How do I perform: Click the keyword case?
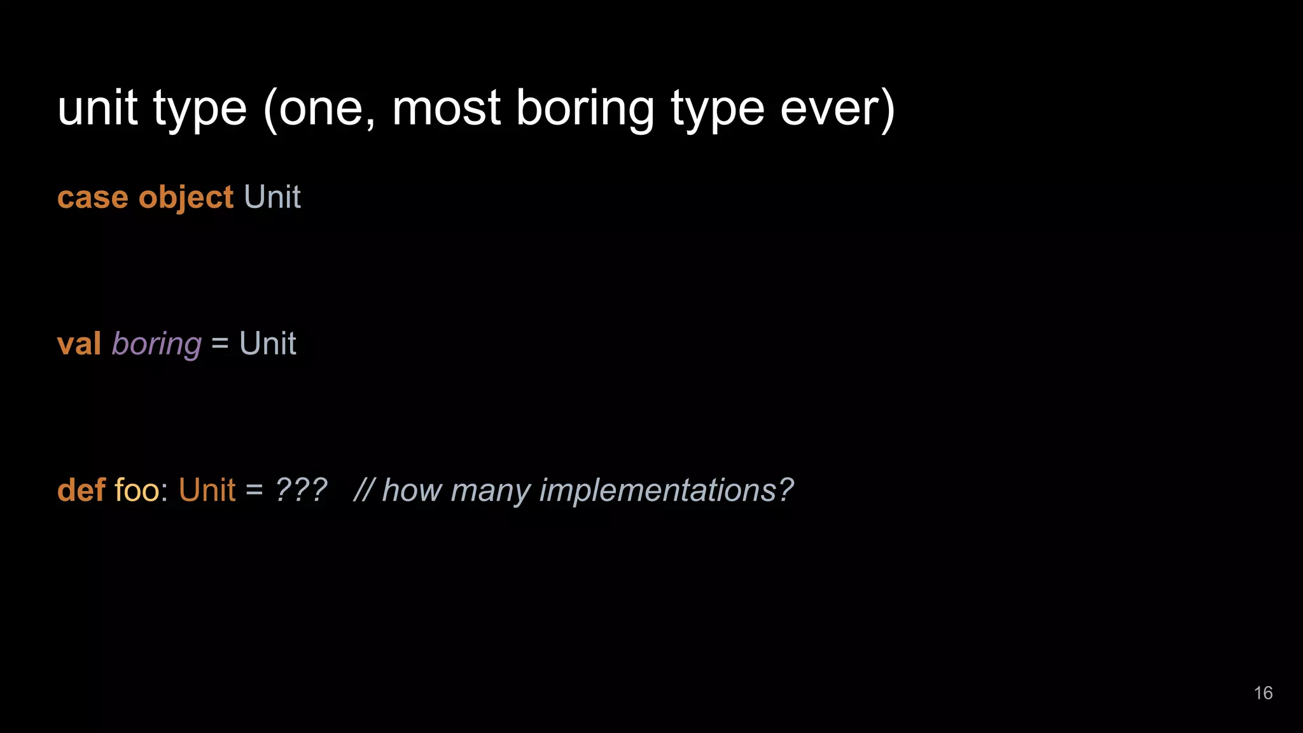[93, 197]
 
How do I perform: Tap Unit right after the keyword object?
[272, 197]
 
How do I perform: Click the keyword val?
[79, 344]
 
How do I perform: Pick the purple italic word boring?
[157, 345]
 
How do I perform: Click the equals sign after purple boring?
[219, 344]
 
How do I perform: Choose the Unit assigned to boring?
[267, 344]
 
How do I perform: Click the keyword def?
[81, 490]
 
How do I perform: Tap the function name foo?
[137, 490]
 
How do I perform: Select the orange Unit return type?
[207, 490]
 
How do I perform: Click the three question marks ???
[301, 490]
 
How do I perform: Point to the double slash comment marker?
[363, 490]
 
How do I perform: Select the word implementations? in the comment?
[666, 491]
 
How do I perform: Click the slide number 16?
[1263, 693]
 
